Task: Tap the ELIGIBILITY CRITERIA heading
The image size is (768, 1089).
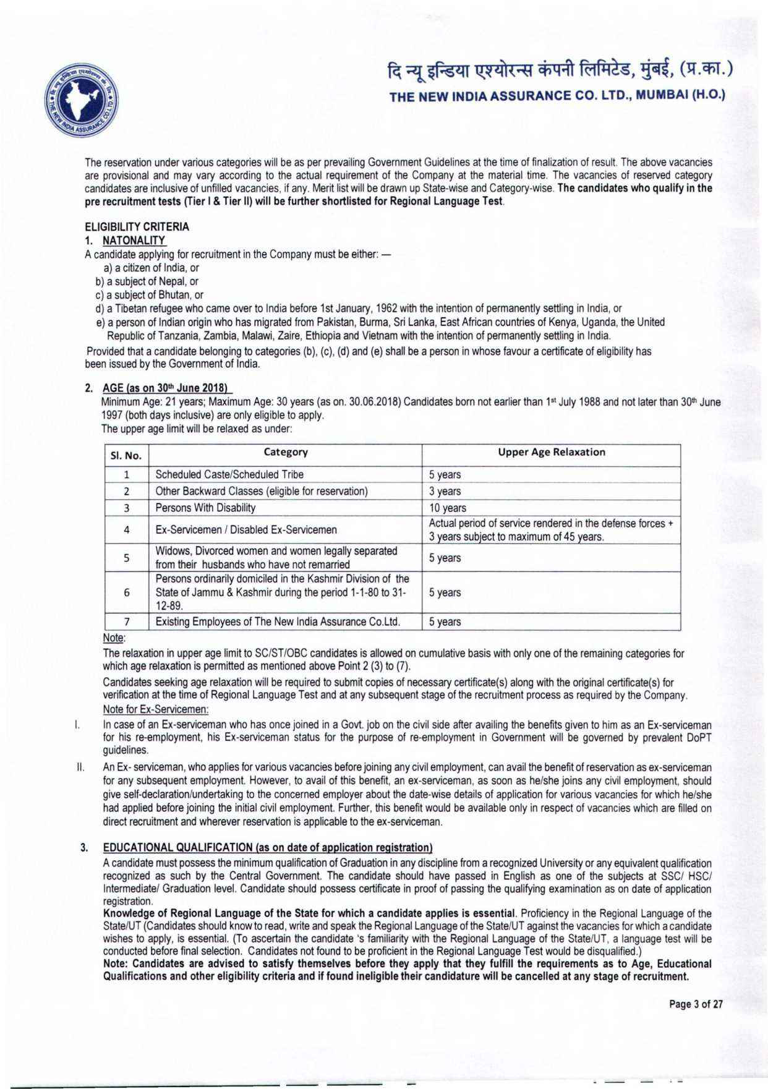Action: tap(137, 227)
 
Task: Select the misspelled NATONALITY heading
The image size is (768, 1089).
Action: tap(134, 240)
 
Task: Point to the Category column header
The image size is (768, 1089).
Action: tap(285, 452)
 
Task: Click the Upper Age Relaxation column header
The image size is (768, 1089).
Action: tap(551, 452)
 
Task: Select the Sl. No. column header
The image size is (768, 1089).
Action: tap(126, 456)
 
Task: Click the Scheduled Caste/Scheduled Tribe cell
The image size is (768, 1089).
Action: tap(229, 474)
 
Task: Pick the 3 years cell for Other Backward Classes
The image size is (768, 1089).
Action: tap(445, 491)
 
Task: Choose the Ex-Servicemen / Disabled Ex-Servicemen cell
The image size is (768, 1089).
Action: tap(246, 529)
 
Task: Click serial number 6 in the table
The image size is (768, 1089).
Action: tap(126, 592)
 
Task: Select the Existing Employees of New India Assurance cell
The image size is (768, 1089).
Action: tap(278, 621)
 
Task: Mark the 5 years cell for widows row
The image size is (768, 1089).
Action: tap(445, 558)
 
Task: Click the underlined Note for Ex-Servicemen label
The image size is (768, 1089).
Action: tap(155, 709)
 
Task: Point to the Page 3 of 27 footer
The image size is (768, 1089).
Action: tap(696, 1004)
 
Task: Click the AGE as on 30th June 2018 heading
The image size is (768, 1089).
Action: tap(166, 388)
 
